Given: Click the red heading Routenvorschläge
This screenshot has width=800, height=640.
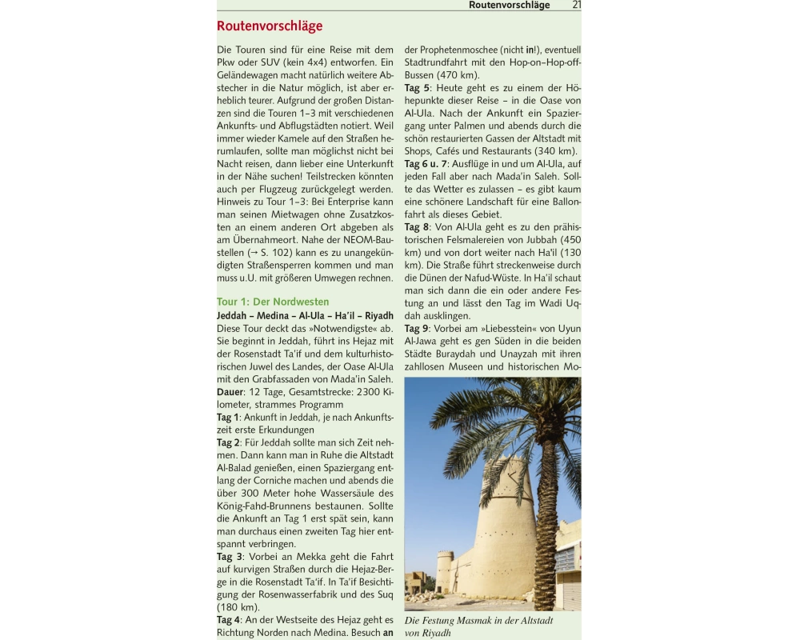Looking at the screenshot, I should click(270, 26).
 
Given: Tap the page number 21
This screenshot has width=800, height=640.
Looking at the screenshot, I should click(577, 5).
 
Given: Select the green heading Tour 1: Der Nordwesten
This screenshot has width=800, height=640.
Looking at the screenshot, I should click(273, 302).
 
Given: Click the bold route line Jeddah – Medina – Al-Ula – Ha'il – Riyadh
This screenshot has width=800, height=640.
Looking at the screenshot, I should click(305, 315).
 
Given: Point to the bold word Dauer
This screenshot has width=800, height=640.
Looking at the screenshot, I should click(230, 392).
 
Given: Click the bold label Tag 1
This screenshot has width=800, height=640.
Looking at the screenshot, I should click(228, 418).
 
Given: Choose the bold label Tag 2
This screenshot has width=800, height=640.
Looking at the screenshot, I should click(228, 442).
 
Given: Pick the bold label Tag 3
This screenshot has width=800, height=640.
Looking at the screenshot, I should click(229, 557).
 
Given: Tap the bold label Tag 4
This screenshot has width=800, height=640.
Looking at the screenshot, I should click(228, 620).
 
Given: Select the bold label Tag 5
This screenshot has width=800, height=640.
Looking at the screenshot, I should click(417, 88).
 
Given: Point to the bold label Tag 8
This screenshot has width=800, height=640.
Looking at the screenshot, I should click(417, 227).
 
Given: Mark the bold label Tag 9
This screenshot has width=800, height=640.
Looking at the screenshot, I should click(417, 329).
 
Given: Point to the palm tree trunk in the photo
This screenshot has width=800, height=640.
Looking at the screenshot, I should click(546, 528).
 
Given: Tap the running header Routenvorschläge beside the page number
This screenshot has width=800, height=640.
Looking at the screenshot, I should click(509, 5).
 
